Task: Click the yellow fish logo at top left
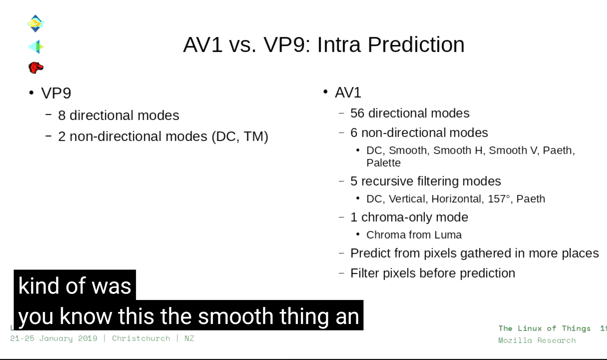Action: tap(35, 23)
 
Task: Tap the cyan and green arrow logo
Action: tap(36, 47)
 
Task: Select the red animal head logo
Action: tap(36, 68)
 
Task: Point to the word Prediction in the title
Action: tap(416, 45)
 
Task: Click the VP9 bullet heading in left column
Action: tap(56, 93)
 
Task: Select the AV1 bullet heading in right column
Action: tap(348, 93)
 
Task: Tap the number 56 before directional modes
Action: tap(357, 113)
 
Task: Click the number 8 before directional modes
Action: tap(62, 115)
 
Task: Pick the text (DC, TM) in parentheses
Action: tap(240, 136)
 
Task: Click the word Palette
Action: tap(383, 163)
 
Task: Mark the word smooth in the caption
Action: tap(236, 316)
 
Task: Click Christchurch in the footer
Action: tap(141, 338)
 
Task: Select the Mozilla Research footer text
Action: tap(537, 340)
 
